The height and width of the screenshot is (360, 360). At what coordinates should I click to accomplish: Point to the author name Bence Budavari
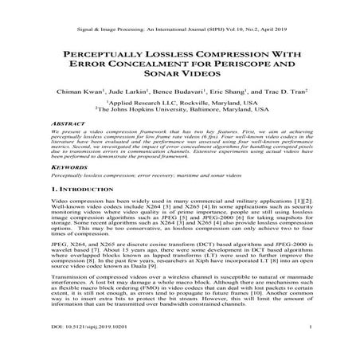[x=184, y=92]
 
